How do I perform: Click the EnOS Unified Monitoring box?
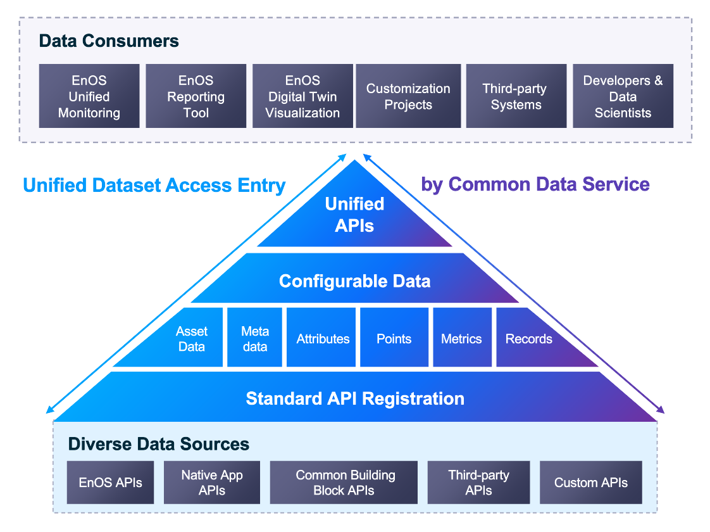point(89,96)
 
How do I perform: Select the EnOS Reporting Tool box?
point(196,96)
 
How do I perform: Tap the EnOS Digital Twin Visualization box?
point(302,96)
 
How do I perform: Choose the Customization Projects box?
point(408,96)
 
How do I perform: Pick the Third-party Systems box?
point(516,96)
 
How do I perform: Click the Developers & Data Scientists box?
point(623,96)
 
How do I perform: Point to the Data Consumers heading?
point(109,41)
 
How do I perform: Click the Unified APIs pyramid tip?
point(354,214)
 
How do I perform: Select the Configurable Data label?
point(354,281)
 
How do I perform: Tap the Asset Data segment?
point(192,339)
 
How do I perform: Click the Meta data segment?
point(254,339)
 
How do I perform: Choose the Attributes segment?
point(323,339)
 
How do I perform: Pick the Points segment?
point(394,339)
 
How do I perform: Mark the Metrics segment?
point(461,339)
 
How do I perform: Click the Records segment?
point(528,339)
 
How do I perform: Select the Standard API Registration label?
point(355,398)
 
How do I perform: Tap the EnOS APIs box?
point(110,483)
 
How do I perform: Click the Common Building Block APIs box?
point(344,483)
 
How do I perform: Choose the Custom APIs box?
point(590,483)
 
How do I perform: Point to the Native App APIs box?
point(211,483)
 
